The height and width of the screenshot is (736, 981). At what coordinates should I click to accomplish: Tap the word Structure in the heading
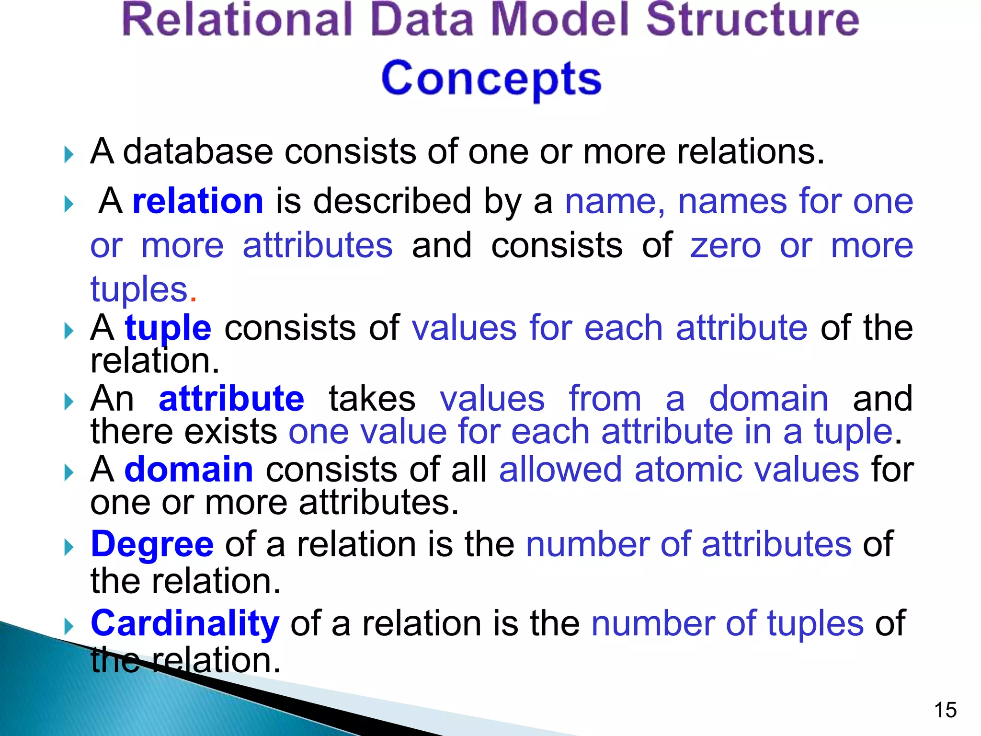point(753,20)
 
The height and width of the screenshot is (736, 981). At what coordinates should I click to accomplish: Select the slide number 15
point(945,710)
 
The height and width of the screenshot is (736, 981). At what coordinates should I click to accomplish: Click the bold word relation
point(198,201)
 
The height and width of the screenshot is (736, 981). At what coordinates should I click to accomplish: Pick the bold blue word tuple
point(168,329)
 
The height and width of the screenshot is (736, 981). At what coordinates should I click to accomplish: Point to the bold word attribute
point(231,399)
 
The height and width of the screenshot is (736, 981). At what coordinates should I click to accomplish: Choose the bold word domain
point(189,470)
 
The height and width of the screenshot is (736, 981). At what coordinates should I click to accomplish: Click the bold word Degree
point(152,545)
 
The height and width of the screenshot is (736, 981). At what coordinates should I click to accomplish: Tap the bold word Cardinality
point(185,623)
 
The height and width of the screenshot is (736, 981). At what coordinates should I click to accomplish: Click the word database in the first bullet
point(198,152)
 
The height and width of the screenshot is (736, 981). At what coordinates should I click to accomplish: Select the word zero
point(725,245)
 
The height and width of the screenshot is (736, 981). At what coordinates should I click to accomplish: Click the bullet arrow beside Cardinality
point(69,626)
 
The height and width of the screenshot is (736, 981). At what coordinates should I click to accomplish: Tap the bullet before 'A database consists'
point(69,155)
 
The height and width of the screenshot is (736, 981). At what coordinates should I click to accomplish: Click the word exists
point(230,431)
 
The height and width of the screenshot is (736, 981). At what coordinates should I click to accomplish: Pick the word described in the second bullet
point(392,201)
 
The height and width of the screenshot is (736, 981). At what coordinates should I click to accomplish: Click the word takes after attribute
point(372,399)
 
